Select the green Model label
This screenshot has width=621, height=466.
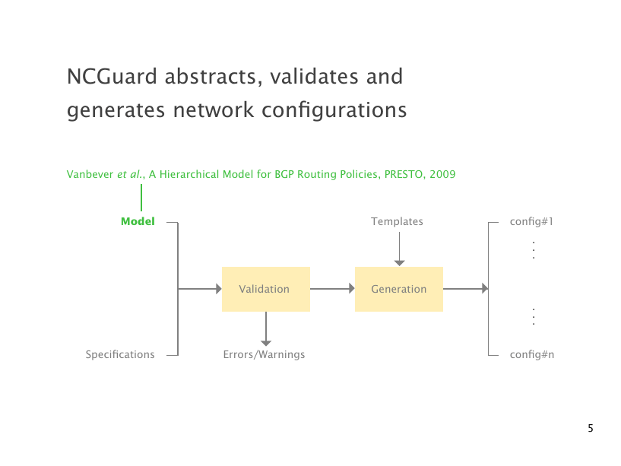point(138,221)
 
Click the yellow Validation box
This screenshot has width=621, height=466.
point(265,289)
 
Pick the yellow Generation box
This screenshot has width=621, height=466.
point(398,289)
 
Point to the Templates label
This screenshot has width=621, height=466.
point(397,221)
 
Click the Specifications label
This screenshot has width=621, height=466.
point(120,354)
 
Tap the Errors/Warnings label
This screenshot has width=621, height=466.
point(264,354)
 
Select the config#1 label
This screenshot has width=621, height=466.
point(531,221)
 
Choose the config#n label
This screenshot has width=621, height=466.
point(531,354)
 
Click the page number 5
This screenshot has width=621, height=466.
point(590,429)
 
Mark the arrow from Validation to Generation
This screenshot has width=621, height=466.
point(332,289)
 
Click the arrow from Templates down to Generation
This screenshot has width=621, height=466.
point(399,249)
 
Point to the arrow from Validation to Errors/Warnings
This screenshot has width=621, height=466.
point(265,329)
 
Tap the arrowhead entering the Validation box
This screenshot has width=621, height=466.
point(217,289)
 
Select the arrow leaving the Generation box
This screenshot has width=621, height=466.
point(465,289)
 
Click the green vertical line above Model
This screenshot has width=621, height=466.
point(141,197)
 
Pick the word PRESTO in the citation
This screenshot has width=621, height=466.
point(403,174)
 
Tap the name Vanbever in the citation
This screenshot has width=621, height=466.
point(90,174)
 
